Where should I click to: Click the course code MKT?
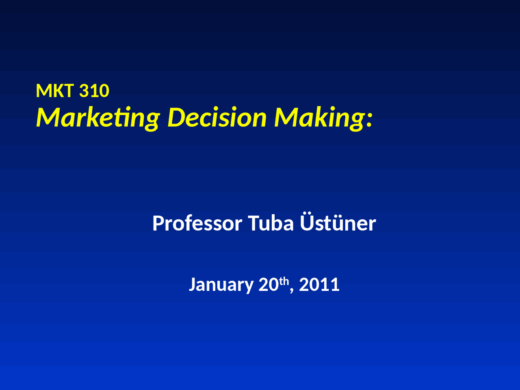click(54, 91)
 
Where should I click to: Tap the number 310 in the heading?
click(94, 91)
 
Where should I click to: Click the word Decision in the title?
click(217, 118)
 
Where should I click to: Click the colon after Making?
click(369, 121)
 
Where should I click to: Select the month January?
click(221, 285)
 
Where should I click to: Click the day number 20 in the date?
click(269, 284)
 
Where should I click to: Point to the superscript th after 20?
click(284, 281)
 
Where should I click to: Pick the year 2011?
click(319, 284)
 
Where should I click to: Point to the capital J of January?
click(193, 284)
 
